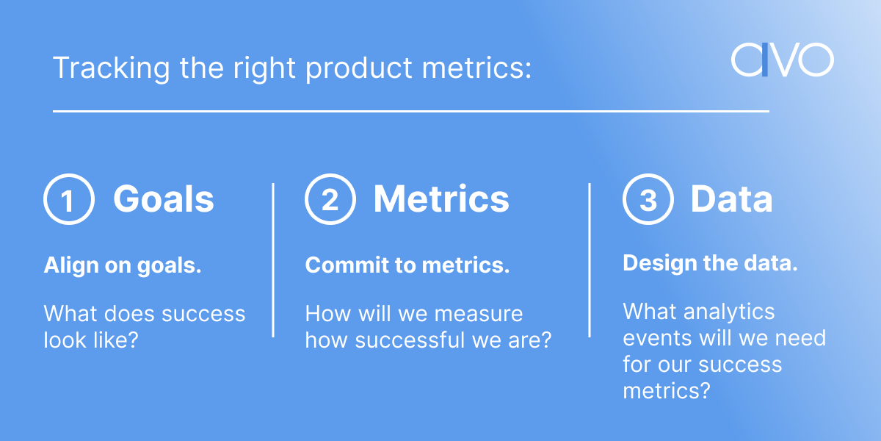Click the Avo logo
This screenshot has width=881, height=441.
782,60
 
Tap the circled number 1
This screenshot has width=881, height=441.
68,200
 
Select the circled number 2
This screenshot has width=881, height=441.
330,200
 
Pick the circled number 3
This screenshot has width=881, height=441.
648,200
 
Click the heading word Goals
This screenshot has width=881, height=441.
163,199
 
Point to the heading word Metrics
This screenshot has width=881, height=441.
440,199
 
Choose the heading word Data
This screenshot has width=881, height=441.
731,199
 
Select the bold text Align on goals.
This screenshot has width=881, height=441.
123,266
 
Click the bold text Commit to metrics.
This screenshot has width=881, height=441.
407,266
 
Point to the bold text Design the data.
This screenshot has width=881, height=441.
710,264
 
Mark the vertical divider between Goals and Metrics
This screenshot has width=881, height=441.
273,260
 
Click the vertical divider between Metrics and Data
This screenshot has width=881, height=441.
590,260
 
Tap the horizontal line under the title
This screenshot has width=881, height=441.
411,112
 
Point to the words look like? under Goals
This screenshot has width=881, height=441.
91,340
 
